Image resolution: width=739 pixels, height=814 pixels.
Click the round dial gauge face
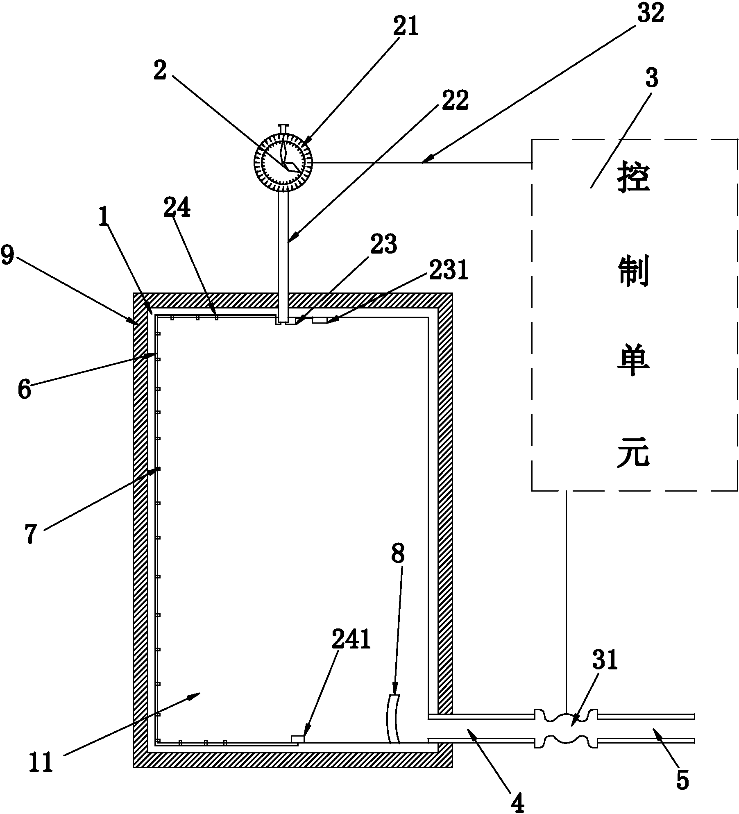283,162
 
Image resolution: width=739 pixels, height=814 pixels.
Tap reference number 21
405,27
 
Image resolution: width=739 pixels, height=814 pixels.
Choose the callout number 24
177,209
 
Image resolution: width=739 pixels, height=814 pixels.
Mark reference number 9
8,255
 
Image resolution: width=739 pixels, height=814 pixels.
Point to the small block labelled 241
297,738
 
